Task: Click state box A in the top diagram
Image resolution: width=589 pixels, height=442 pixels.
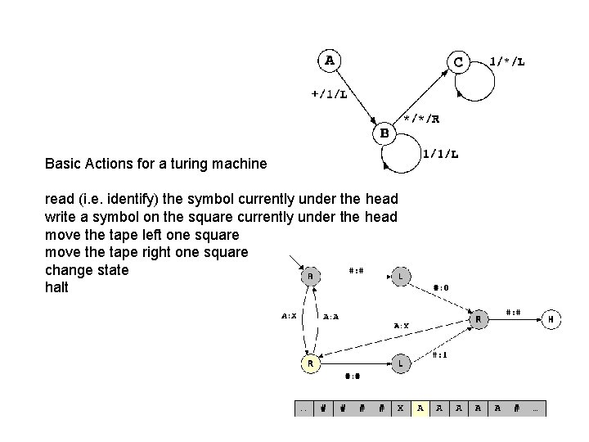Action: pyautogui.click(x=330, y=61)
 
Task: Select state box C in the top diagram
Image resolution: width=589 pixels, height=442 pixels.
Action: pyautogui.click(x=457, y=61)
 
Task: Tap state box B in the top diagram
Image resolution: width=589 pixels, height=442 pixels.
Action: pyautogui.click(x=385, y=131)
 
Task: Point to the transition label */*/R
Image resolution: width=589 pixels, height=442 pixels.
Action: pyautogui.click(x=422, y=119)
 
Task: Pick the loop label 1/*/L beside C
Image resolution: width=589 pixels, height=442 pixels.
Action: pyautogui.click(x=507, y=61)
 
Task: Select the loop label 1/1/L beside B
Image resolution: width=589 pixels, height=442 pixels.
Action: pyautogui.click(x=440, y=153)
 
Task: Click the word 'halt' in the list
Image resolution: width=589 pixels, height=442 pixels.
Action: pyautogui.click(x=57, y=288)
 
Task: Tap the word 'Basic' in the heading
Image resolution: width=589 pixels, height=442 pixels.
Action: pyautogui.click(x=63, y=164)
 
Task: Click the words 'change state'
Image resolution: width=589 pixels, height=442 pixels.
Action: pyautogui.click(x=88, y=270)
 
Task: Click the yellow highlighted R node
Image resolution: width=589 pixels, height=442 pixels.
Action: pyautogui.click(x=309, y=363)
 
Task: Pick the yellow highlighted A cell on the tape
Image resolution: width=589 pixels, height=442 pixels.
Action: pyautogui.click(x=420, y=408)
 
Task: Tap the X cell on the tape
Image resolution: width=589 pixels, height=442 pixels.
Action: pyautogui.click(x=399, y=408)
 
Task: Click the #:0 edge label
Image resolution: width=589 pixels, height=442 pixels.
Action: pyautogui.click(x=440, y=288)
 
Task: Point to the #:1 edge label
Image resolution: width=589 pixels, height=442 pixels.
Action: pyautogui.click(x=440, y=354)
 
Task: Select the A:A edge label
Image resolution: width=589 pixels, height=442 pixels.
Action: pyautogui.click(x=332, y=316)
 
